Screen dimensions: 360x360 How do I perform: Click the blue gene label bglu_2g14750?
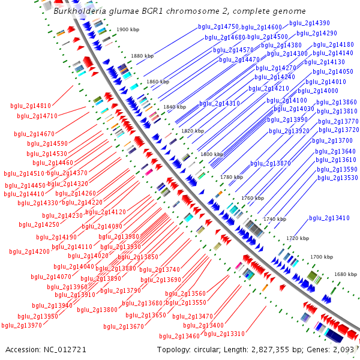(218, 27)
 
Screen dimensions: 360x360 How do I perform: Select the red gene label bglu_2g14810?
(31, 106)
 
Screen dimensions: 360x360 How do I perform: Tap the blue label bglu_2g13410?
(329, 218)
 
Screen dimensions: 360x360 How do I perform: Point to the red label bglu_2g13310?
(224, 334)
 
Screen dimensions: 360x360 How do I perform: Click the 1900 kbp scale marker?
(128, 29)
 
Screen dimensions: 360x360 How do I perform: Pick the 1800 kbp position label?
(212, 154)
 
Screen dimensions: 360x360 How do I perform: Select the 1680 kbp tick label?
(346, 274)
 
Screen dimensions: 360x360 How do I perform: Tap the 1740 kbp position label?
(275, 219)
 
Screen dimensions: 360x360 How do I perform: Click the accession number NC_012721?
(65, 350)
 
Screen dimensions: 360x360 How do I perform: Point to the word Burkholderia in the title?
(80, 11)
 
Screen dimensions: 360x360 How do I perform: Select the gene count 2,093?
(343, 350)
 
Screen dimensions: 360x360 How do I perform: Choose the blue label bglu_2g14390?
(310, 23)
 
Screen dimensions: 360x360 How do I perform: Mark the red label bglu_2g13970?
(22, 325)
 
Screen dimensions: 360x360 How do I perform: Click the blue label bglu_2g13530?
(338, 178)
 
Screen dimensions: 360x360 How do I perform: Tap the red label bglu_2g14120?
(106, 212)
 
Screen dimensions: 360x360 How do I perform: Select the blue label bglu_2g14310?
(220, 104)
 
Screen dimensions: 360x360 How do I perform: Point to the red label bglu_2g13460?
(179, 337)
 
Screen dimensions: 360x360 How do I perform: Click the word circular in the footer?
(206, 350)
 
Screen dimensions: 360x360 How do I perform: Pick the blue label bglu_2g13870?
(271, 163)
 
